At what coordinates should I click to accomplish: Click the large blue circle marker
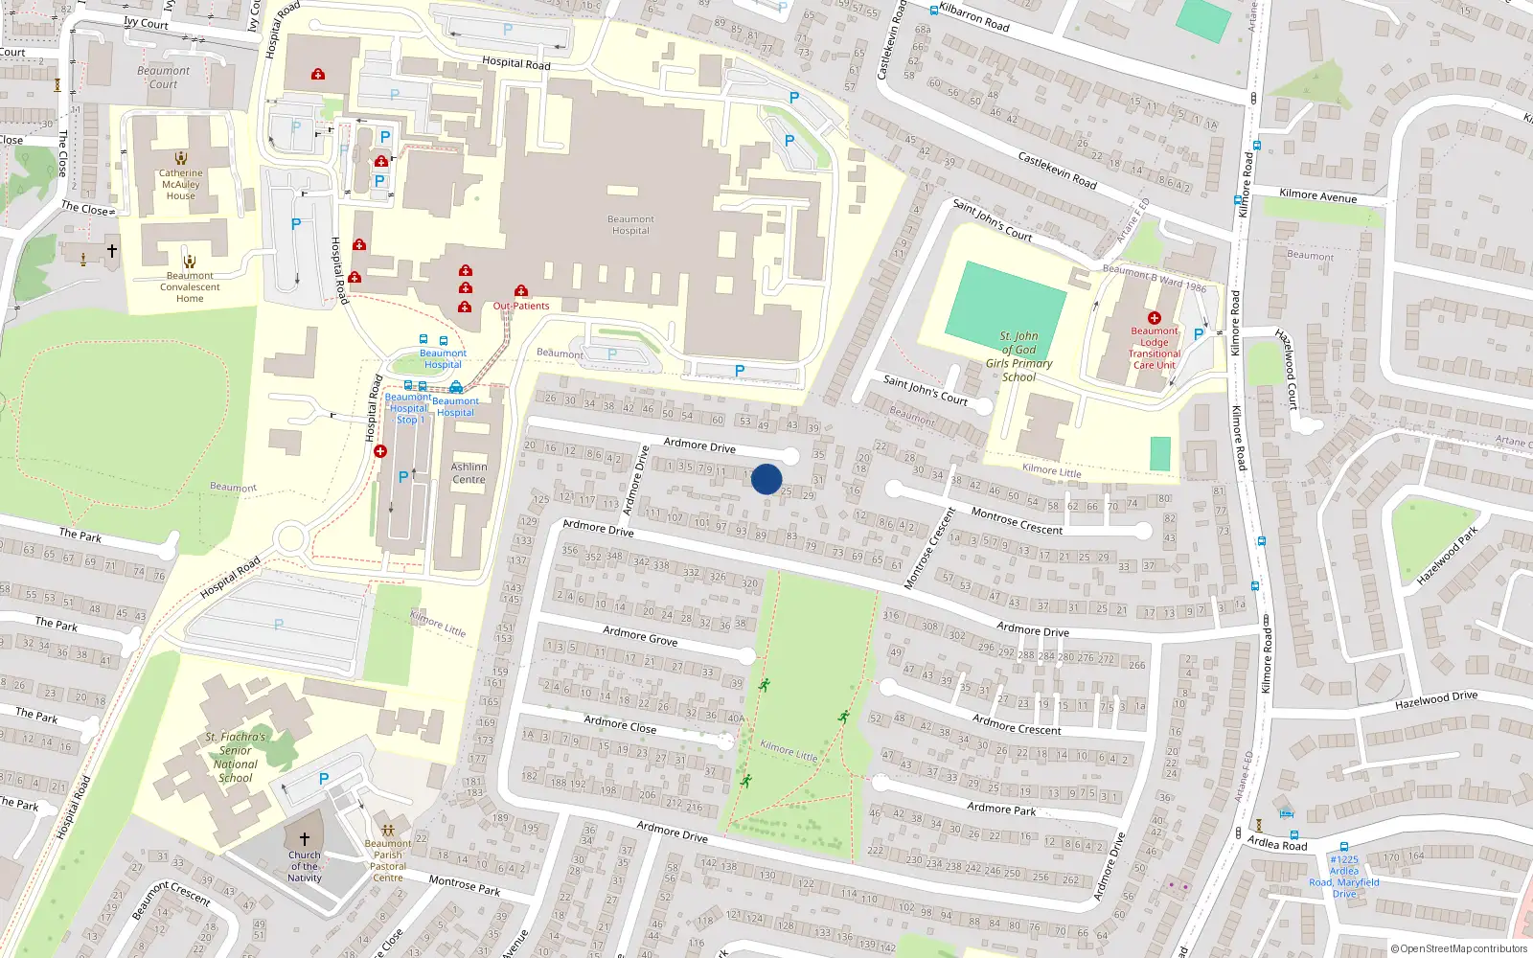[766, 479]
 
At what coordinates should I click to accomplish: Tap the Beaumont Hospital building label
[630, 225]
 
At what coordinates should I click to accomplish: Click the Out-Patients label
[521, 306]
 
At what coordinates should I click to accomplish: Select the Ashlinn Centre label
[469, 473]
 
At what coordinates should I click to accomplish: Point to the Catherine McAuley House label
[180, 185]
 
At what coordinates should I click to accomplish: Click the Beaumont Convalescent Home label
[190, 286]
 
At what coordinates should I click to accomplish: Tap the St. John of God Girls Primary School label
[1018, 356]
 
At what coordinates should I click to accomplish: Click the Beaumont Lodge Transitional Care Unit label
[1155, 348]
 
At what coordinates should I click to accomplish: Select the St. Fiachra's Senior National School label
[235, 757]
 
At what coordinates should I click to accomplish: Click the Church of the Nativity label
[305, 866]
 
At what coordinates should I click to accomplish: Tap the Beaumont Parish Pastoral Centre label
[388, 860]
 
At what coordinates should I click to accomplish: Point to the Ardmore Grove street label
[640, 636]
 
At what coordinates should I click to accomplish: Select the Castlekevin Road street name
[1057, 170]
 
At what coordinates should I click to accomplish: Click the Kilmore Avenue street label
[1317, 195]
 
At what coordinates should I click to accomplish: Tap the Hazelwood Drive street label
[1435, 700]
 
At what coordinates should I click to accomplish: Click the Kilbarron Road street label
[973, 17]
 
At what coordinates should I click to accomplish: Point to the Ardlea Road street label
[1276, 843]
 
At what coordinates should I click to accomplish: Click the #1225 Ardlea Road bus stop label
[1344, 877]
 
